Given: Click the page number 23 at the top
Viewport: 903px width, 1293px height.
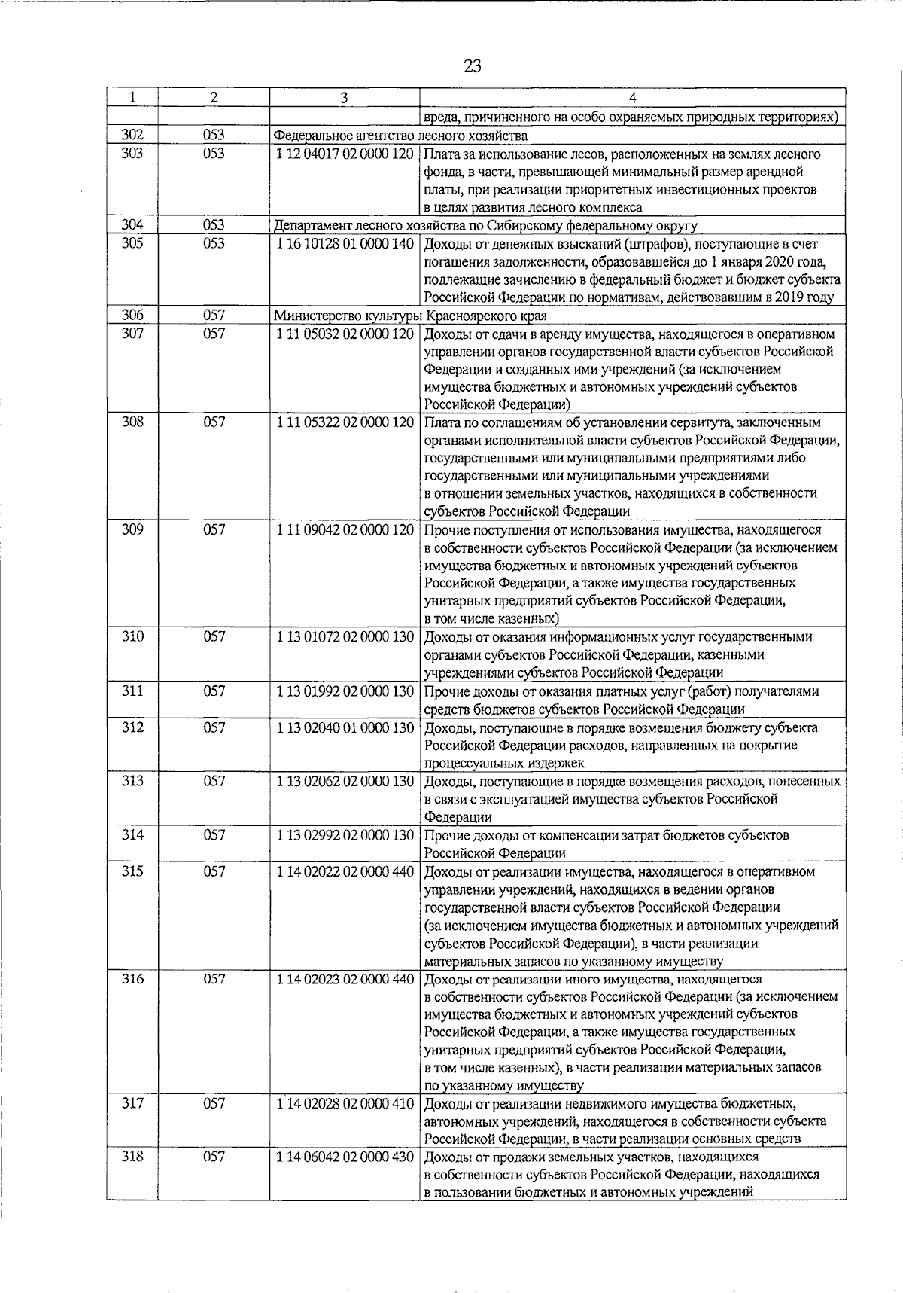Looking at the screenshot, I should [473, 66].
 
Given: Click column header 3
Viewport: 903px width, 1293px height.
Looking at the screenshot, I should [344, 98].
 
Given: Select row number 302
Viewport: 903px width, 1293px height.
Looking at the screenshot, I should [132, 136].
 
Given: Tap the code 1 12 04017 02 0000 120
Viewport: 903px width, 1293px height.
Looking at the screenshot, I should [345, 154].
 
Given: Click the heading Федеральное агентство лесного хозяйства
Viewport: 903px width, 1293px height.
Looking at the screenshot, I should [400, 136].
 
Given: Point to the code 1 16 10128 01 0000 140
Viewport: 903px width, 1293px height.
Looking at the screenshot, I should [345, 244].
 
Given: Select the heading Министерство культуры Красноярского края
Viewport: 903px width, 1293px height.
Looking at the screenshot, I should [410, 316].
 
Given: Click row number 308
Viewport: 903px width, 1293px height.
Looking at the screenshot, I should [132, 422].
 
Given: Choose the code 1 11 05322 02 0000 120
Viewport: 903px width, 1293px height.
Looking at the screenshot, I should [345, 422].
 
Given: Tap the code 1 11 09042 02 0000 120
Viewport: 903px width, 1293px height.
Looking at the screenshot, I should [345, 529].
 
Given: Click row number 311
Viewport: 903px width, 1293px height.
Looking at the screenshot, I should [132, 691].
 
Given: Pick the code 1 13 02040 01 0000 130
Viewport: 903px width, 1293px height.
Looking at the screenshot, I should [345, 727].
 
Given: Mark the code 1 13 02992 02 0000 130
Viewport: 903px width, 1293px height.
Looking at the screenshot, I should [345, 835].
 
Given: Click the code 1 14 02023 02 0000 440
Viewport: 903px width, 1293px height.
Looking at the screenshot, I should [345, 979].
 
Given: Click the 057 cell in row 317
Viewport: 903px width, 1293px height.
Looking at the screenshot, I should [214, 1104].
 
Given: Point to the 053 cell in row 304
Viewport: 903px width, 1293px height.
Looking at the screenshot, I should [214, 225].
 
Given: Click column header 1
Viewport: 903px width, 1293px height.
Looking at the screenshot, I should [132, 98].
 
